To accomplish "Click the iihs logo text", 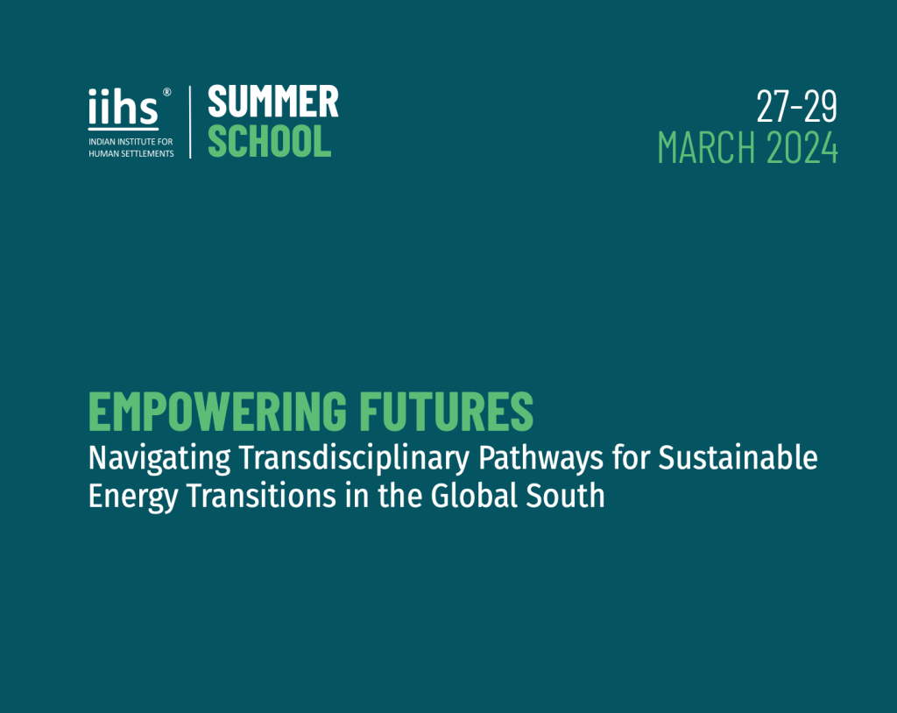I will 124,109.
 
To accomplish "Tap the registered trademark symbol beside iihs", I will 167,91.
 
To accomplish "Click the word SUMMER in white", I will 272,102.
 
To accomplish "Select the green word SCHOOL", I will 269,141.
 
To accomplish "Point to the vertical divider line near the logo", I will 190,122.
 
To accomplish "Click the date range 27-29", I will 797,107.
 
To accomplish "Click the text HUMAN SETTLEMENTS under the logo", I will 131,153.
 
